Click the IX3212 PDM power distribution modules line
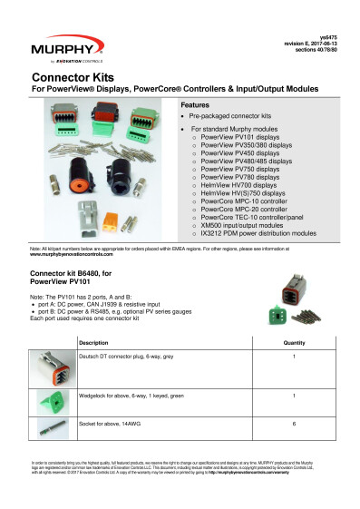254,233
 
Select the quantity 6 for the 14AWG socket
294,425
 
